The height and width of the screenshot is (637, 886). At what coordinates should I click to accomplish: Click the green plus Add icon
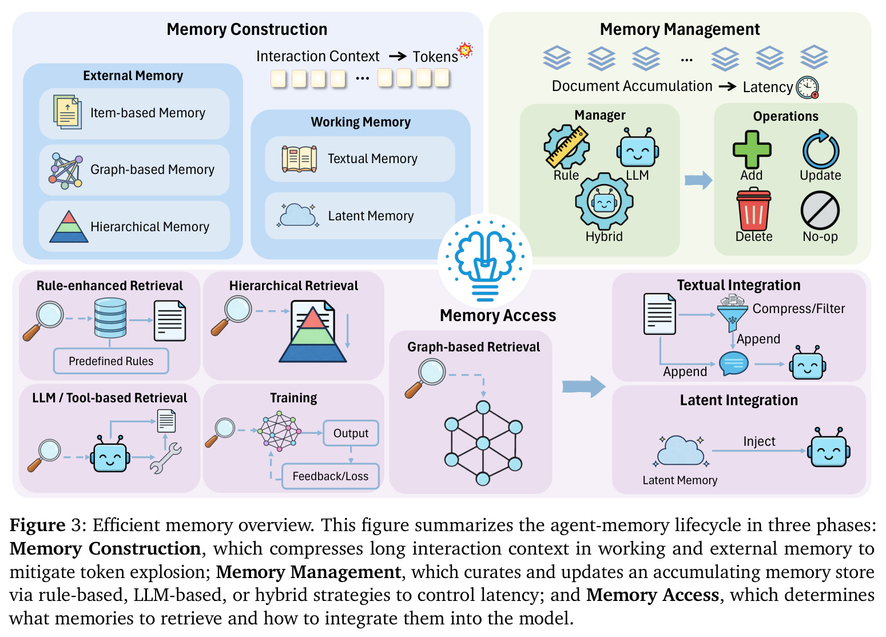tap(752, 149)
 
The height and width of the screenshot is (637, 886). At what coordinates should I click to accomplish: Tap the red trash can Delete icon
tap(753, 209)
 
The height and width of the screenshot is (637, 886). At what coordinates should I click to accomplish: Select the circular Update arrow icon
tap(821, 149)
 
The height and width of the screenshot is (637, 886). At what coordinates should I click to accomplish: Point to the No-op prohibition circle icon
tap(820, 210)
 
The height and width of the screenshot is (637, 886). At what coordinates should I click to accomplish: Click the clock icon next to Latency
tap(807, 88)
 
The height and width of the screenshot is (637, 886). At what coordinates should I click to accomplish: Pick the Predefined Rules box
tap(111, 361)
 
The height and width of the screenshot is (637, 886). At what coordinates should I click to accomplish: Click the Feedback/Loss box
tap(330, 476)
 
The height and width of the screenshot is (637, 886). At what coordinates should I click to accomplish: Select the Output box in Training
tap(351, 433)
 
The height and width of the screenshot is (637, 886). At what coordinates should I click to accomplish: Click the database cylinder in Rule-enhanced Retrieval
tap(110, 318)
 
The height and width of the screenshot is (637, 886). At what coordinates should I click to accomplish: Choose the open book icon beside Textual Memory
tap(299, 159)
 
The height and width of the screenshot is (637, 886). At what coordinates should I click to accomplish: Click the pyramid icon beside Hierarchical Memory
tap(69, 226)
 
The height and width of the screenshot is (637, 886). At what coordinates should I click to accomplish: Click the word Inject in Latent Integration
tap(759, 441)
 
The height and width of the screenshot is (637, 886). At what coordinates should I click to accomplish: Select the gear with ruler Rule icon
tap(567, 147)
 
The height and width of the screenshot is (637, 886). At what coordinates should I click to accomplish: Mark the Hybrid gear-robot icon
tap(604, 201)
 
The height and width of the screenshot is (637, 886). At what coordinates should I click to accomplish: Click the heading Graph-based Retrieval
tap(474, 347)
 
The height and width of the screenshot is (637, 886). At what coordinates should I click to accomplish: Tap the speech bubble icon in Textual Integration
tap(733, 363)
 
